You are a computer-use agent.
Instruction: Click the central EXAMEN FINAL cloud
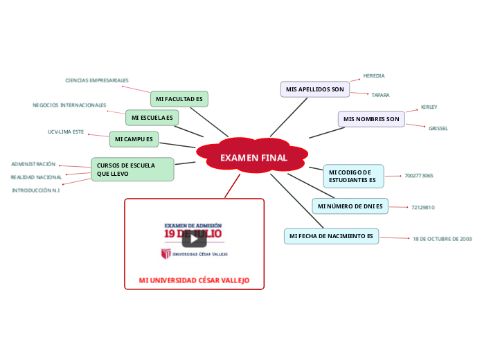click(253, 158)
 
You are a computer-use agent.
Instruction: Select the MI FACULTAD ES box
click(179, 99)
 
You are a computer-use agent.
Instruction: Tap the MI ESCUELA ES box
click(152, 118)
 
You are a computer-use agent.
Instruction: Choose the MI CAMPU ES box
click(134, 139)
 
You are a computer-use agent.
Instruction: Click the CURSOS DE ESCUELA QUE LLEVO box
click(132, 170)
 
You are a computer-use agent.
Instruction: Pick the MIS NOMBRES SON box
click(371, 119)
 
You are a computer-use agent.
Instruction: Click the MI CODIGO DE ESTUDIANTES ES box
click(353, 176)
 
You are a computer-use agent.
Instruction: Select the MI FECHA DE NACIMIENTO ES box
click(331, 236)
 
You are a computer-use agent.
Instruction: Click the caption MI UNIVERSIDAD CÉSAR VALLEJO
click(194, 280)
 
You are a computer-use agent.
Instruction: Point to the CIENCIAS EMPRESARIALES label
click(97, 80)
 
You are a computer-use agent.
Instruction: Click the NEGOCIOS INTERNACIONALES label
click(69, 105)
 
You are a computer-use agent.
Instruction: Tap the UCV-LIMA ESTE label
click(66, 131)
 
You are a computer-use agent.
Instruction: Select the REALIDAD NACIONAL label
click(36, 177)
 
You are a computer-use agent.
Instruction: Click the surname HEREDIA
click(374, 75)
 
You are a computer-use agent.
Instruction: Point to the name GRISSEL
click(438, 128)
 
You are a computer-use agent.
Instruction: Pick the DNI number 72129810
click(422, 207)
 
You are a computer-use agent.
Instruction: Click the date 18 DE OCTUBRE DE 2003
click(443, 239)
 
